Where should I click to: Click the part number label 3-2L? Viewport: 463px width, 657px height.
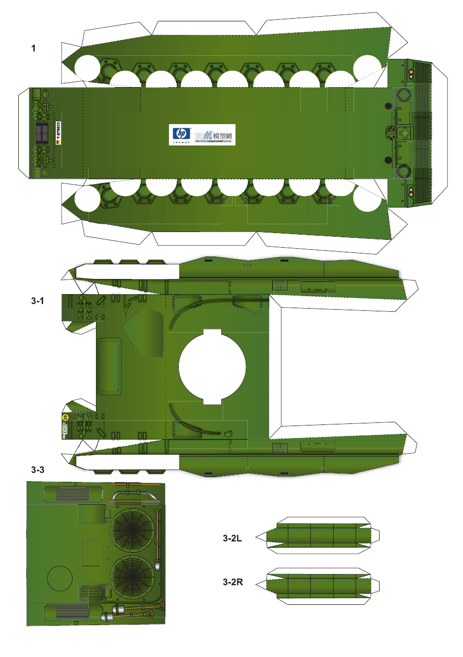(x=232, y=538)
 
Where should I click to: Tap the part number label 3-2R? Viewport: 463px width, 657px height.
(x=233, y=582)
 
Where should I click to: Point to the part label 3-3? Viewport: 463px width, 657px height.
(x=38, y=470)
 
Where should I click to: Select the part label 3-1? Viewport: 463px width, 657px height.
(x=38, y=301)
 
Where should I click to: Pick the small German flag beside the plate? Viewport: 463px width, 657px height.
(x=58, y=142)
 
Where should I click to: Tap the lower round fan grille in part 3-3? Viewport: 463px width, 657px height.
(x=132, y=578)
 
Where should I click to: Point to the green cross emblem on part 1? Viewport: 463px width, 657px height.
(x=404, y=133)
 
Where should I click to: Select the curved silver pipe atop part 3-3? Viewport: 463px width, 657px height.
(x=133, y=493)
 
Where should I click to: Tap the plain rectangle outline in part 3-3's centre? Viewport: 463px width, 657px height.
(x=91, y=553)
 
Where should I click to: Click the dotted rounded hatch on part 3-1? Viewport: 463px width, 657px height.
(x=109, y=365)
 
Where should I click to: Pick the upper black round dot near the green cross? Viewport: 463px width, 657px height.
(x=388, y=106)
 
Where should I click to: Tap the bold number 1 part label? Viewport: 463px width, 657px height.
(x=33, y=48)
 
